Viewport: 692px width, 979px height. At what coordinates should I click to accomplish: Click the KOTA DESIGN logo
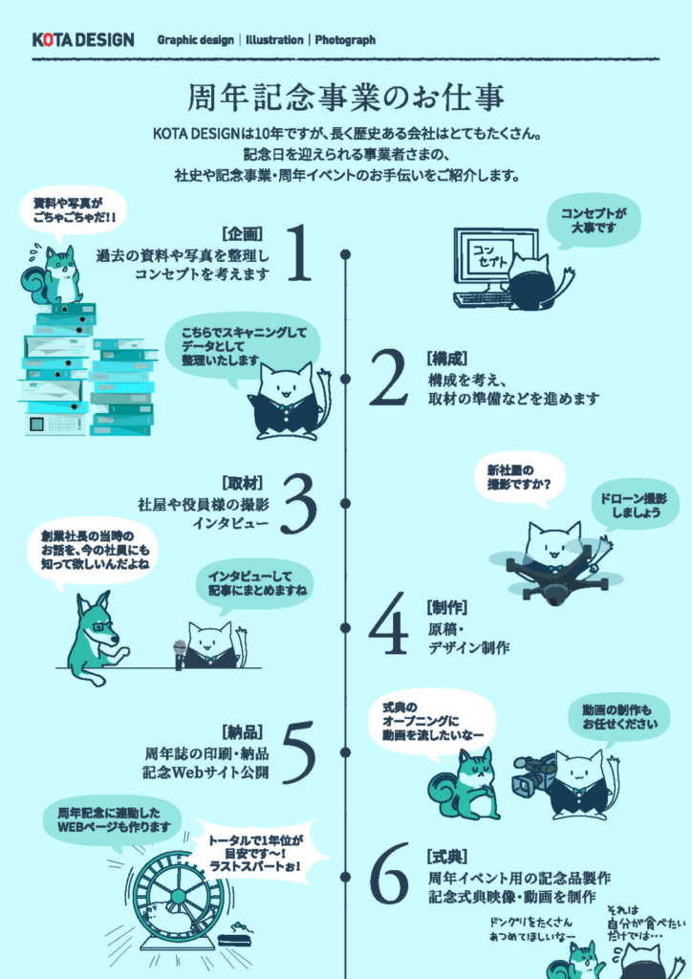pyautogui.click(x=83, y=40)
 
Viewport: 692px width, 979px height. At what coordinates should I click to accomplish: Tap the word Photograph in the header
pyautogui.click(x=345, y=40)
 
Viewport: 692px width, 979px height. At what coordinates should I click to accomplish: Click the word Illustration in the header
pyautogui.click(x=274, y=40)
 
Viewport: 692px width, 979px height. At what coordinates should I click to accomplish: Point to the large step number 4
pyautogui.click(x=389, y=623)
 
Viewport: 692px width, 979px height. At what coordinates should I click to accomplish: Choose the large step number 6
pyautogui.click(x=389, y=874)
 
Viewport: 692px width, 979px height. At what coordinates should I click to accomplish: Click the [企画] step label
pyautogui.click(x=242, y=233)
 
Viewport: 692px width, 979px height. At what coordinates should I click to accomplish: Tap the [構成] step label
pyautogui.click(x=447, y=359)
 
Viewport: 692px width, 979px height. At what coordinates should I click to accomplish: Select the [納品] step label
pyautogui.click(x=242, y=731)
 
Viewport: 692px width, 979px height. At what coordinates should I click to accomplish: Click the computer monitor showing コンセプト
pyautogui.click(x=496, y=260)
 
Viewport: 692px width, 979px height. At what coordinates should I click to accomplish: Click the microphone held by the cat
pyautogui.click(x=180, y=653)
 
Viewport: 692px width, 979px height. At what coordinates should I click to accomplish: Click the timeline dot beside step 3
pyautogui.click(x=346, y=503)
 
